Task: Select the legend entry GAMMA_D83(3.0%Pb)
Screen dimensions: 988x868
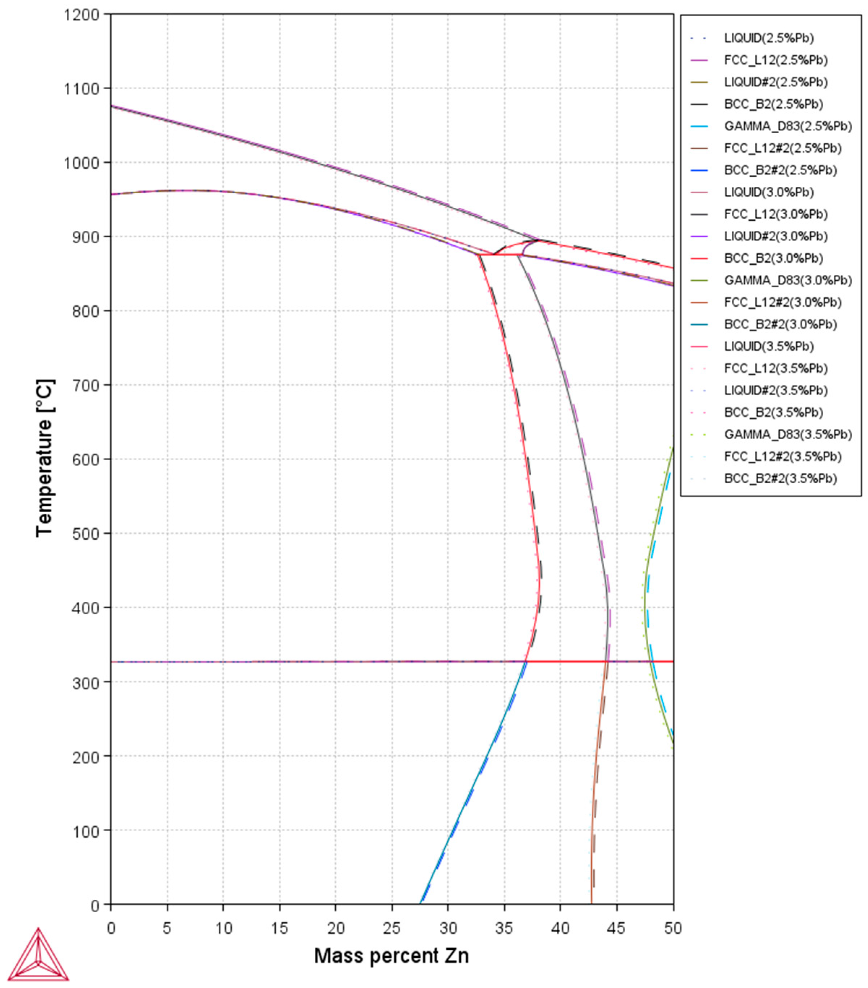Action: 787,280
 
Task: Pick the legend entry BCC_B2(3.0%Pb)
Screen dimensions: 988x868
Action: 773,258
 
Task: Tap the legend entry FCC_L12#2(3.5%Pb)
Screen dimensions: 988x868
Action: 782,456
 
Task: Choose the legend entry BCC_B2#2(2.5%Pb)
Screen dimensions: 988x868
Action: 780,170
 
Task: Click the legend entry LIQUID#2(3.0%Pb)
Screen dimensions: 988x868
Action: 775,236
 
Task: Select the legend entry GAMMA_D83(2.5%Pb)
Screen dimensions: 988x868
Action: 787,126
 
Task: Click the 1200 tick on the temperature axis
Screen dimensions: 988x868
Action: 81,14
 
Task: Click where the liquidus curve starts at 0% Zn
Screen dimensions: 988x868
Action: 112,106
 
